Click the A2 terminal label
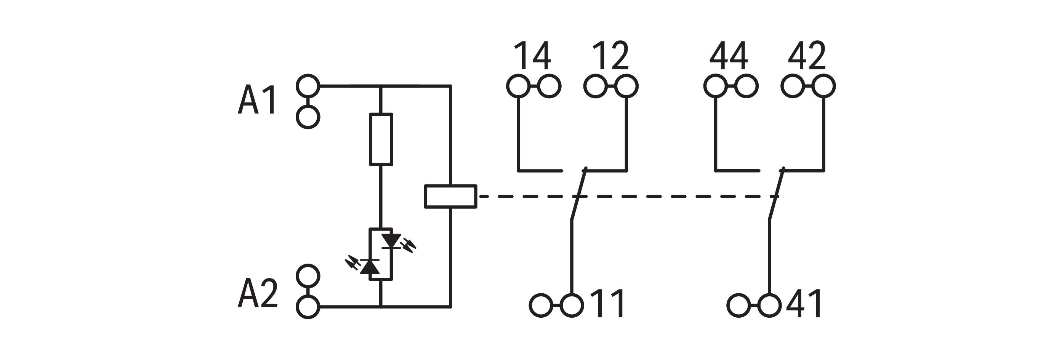pos(258,293)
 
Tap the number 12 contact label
pos(610,56)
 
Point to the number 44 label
pos(729,56)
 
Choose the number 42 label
pos(807,56)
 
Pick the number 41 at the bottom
pos(804,304)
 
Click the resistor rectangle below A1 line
pos(381,139)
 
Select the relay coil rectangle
pos(451,196)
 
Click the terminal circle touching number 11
pos(572,306)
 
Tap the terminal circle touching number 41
pos(769,306)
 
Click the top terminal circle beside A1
pos(308,86)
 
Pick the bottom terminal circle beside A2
pos(308,307)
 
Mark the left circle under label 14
pos(518,86)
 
